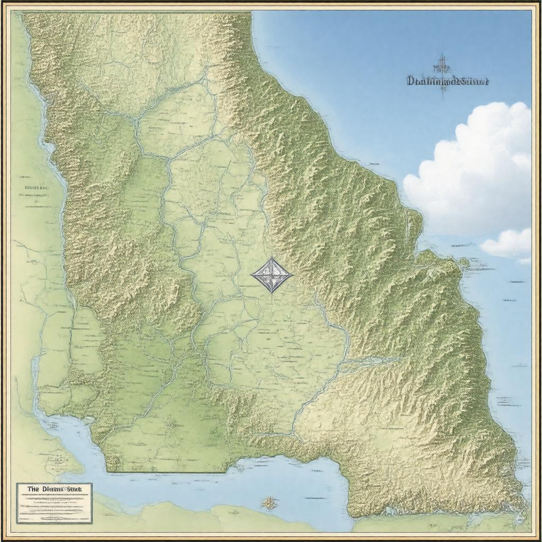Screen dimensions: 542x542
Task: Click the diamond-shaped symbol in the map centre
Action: pyautogui.click(x=272, y=275)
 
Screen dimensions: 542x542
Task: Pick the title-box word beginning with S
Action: pyautogui.click(x=76, y=490)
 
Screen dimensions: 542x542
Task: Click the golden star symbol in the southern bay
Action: pyautogui.click(x=270, y=503)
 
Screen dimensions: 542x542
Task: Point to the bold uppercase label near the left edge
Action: pyautogui.click(x=37, y=187)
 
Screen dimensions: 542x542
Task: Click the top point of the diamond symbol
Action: pyautogui.click(x=272, y=258)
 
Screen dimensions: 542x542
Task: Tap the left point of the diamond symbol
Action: pyautogui.click(x=251, y=275)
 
